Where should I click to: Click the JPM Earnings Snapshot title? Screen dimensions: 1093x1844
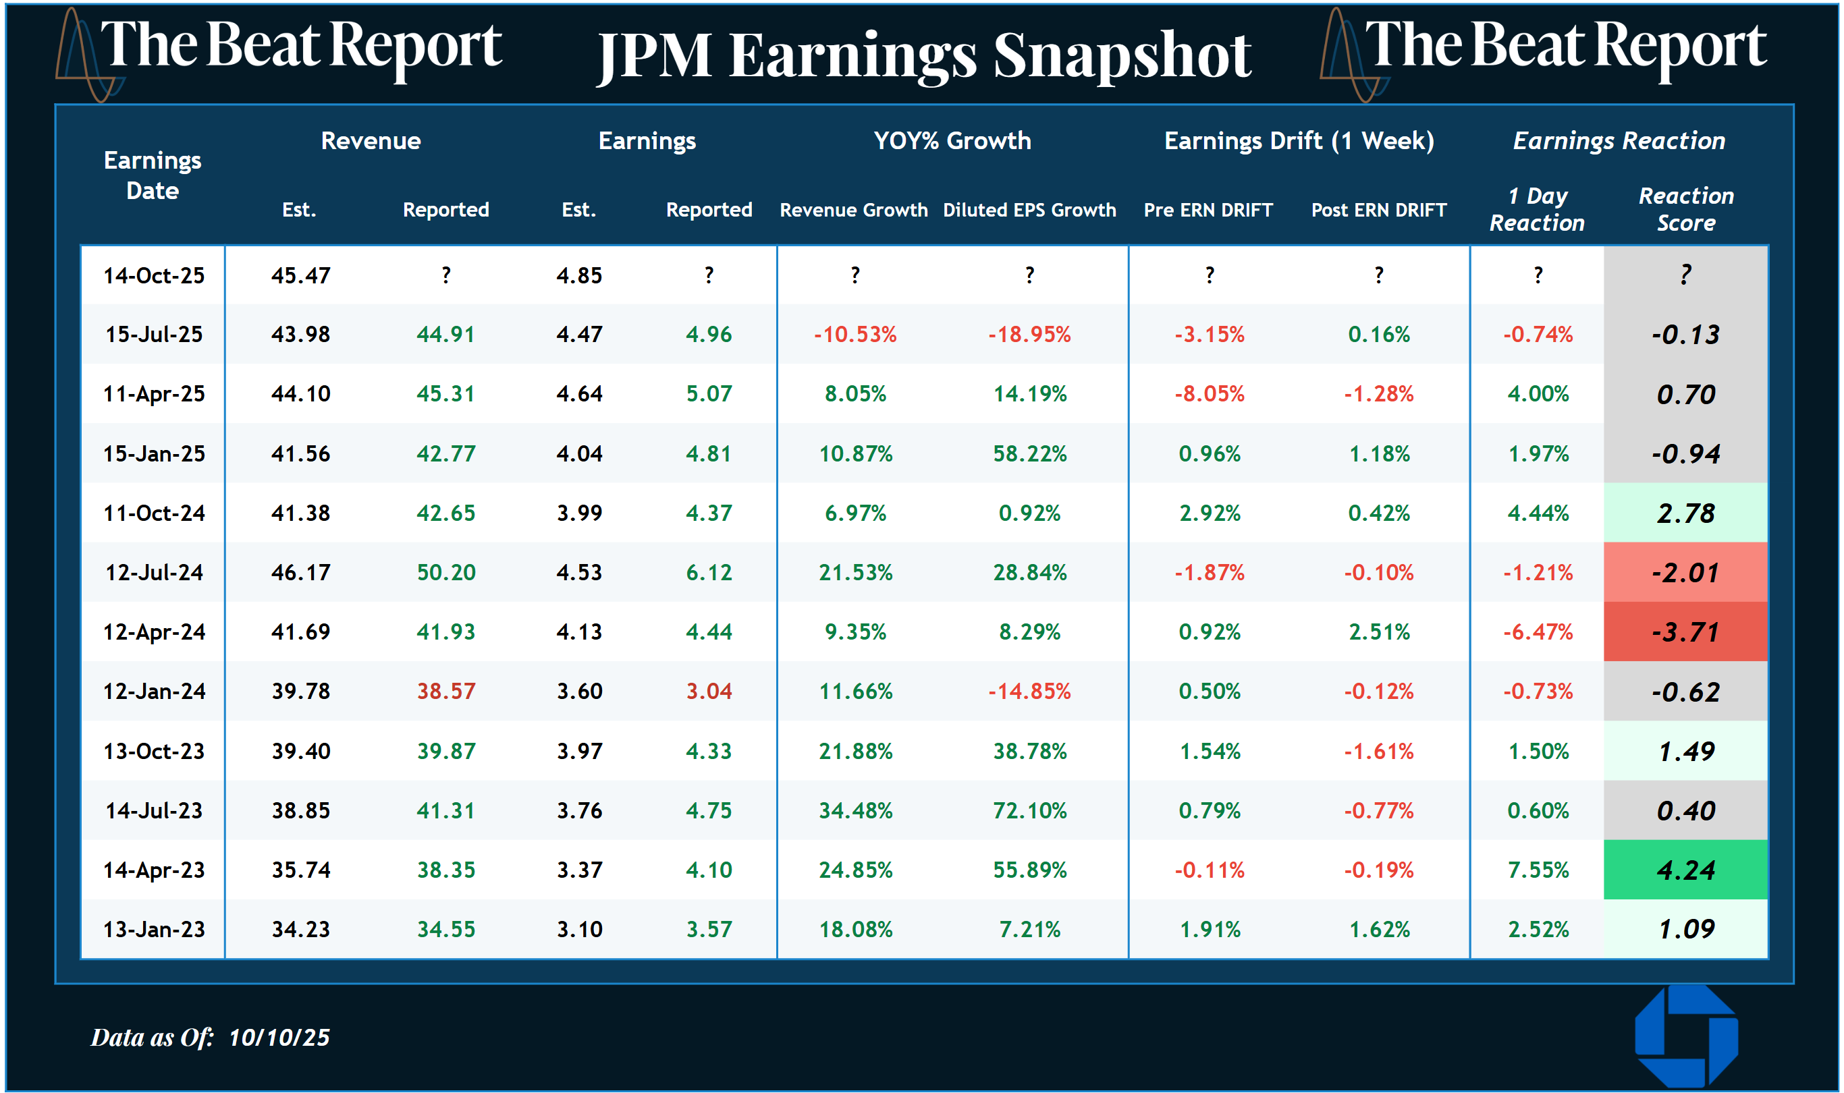tap(923, 56)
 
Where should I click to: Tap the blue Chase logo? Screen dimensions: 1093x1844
tap(1685, 1037)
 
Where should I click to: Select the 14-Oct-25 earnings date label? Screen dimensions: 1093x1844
tap(154, 275)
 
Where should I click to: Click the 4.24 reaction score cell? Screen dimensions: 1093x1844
tap(1685, 870)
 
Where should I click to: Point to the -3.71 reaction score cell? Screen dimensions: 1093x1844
tap(1685, 632)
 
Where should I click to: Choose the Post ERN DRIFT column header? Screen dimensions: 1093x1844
tap(1378, 210)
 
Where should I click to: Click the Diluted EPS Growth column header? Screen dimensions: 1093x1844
tap(1029, 210)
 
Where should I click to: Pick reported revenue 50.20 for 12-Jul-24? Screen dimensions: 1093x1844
tap(445, 572)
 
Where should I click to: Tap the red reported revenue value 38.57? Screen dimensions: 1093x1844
tap(445, 691)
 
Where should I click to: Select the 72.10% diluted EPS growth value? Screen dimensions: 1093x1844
tap(1029, 810)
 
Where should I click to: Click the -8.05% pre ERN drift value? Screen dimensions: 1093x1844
tap(1209, 393)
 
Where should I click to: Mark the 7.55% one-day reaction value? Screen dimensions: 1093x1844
tap(1538, 870)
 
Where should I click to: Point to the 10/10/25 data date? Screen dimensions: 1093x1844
tap(279, 1037)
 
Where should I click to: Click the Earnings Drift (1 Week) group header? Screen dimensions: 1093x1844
tap(1299, 141)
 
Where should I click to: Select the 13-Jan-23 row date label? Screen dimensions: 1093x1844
tap(154, 930)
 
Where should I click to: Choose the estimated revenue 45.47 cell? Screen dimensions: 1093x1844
tap(300, 275)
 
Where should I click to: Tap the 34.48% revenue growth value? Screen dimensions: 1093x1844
tap(855, 810)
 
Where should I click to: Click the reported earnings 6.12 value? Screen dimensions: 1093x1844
tap(709, 572)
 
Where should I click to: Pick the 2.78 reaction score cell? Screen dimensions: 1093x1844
tap(1685, 513)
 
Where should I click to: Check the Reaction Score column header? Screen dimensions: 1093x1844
tap(1685, 209)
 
